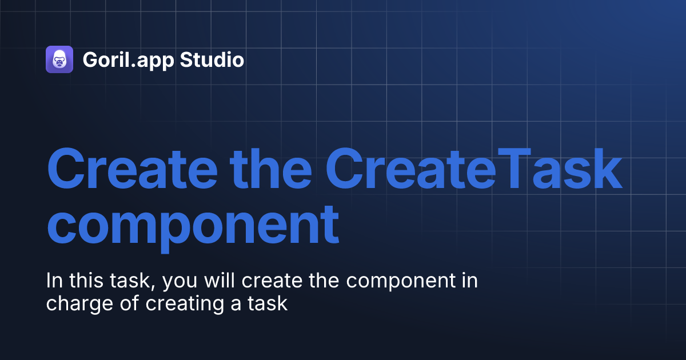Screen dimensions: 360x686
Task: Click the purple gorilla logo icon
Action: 59,59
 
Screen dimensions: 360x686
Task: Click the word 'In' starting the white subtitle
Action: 53,281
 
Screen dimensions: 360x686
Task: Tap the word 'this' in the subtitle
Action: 83,281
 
